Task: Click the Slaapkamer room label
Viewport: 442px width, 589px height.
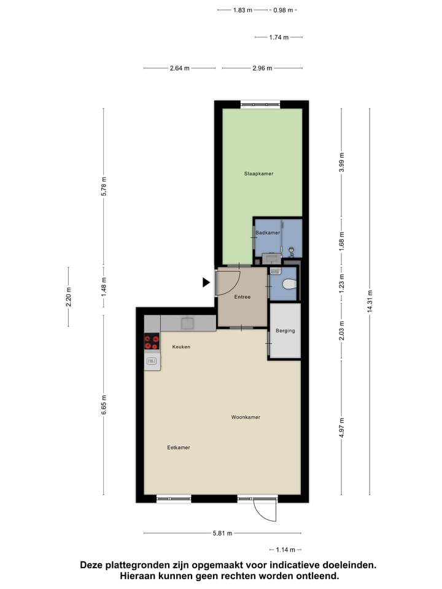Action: pyautogui.click(x=258, y=174)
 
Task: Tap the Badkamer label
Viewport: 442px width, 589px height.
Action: pyautogui.click(x=268, y=233)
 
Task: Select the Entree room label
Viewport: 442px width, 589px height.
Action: pyautogui.click(x=242, y=297)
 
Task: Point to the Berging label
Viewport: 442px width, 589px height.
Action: pyautogui.click(x=285, y=331)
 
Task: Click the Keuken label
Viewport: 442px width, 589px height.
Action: pyautogui.click(x=181, y=347)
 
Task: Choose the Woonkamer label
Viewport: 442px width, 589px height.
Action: pyautogui.click(x=246, y=417)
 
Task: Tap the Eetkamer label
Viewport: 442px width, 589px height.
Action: pyautogui.click(x=179, y=447)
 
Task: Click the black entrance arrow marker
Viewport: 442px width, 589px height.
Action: pyautogui.click(x=206, y=282)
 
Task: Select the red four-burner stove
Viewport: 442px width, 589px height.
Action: pyautogui.click(x=152, y=342)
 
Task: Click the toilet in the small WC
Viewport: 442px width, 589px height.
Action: pyautogui.click(x=289, y=284)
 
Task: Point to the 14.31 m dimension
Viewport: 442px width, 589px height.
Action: pyautogui.click(x=370, y=301)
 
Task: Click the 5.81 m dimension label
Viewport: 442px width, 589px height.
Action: pyautogui.click(x=222, y=533)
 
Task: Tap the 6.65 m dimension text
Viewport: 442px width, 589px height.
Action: pyautogui.click(x=104, y=405)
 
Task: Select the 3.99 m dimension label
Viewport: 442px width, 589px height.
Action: pyautogui.click(x=341, y=162)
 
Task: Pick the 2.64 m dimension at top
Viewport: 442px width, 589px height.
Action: pyautogui.click(x=180, y=68)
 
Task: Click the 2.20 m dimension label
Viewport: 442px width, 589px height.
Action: pyautogui.click(x=69, y=297)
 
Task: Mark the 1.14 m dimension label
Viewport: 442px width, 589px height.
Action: pyautogui.click(x=285, y=550)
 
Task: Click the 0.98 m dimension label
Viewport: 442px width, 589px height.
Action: pyautogui.click(x=283, y=10)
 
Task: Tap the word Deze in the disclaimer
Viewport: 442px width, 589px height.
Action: pyautogui.click(x=91, y=565)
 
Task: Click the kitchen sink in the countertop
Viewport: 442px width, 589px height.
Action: pyautogui.click(x=188, y=323)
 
